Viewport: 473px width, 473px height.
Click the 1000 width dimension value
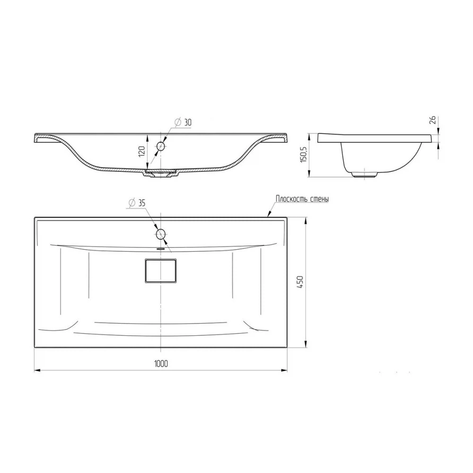[161, 364]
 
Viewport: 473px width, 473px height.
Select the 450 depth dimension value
[299, 282]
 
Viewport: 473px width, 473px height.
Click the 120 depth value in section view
[141, 151]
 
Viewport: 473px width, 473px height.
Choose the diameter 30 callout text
[183, 122]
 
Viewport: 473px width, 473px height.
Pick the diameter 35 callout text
[137, 203]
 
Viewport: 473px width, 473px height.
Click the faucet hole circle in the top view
[160, 234]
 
